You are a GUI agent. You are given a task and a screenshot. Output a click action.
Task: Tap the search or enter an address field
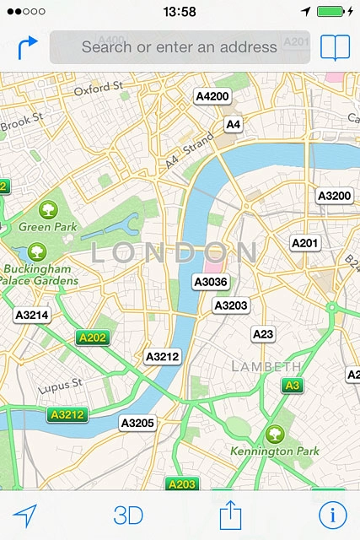tap(179, 47)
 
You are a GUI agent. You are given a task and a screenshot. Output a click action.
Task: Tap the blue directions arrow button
tap(27, 47)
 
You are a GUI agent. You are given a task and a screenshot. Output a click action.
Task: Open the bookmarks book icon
tap(335, 47)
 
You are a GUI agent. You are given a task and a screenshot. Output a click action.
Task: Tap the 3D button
tap(128, 515)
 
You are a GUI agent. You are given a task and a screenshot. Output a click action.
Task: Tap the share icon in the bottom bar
tap(230, 514)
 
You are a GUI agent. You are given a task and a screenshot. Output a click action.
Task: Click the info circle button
tap(333, 515)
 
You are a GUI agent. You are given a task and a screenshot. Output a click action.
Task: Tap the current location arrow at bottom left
tap(25, 515)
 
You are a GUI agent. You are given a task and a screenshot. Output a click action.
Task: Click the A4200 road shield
tap(212, 96)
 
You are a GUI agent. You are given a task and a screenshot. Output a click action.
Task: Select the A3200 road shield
tap(334, 196)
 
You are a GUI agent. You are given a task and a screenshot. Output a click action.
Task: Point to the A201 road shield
tap(305, 243)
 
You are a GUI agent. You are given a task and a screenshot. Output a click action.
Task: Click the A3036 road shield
tap(211, 282)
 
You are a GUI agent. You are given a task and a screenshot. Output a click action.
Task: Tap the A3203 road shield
tap(230, 305)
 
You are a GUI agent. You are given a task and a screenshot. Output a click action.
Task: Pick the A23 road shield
tap(264, 334)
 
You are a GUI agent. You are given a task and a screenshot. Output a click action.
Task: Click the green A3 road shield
tap(292, 386)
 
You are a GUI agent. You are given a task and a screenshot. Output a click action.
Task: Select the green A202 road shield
tap(93, 337)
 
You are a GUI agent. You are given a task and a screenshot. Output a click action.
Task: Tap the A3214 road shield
tap(32, 315)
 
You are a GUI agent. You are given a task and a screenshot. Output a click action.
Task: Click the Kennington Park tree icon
tap(274, 434)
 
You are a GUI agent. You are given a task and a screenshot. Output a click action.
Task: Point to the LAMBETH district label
tap(266, 366)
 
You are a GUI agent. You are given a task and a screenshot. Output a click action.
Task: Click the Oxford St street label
tap(99, 87)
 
